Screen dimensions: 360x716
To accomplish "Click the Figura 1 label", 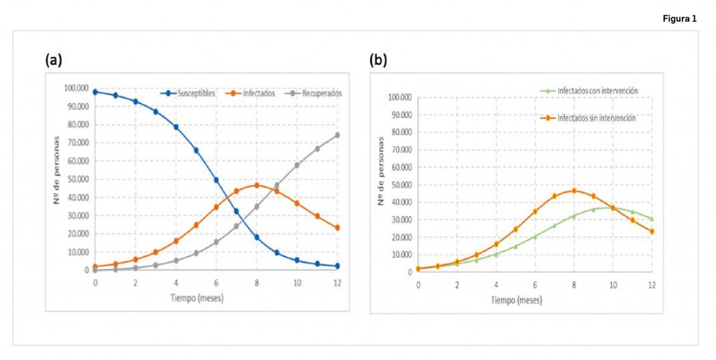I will pos(680,19).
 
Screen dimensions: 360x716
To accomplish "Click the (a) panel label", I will pos(54,60).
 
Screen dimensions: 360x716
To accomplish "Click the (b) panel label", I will pos(378,60).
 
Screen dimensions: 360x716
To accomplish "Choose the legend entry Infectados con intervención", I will pos(596,91).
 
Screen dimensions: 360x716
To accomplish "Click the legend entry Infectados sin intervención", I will pos(596,118).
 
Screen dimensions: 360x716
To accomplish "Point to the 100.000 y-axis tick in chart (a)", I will pos(76,88).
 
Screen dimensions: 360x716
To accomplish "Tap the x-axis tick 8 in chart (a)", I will pos(257,282).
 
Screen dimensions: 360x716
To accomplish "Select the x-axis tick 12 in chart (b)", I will pos(652,285).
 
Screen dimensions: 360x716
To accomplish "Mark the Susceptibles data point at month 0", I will pos(95,92).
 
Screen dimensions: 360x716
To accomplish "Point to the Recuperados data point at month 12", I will pos(337,135).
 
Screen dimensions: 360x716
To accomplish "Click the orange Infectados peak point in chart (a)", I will pos(257,185).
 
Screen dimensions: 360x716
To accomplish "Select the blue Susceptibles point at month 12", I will pos(337,266).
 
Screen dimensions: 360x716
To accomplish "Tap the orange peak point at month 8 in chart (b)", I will pos(574,191).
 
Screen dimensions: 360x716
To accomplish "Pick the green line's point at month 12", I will pos(652,219).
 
